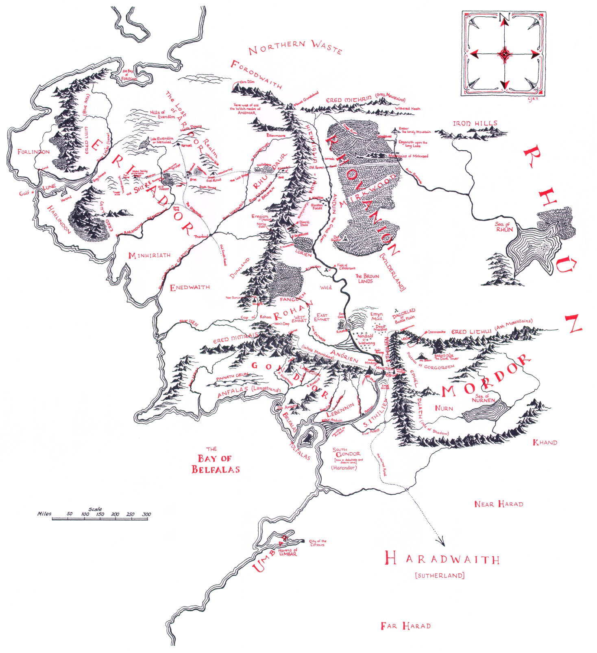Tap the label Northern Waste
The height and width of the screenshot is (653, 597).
[295, 47]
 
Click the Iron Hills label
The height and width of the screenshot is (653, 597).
[475, 123]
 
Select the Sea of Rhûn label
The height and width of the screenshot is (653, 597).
[504, 227]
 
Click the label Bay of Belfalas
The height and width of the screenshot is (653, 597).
[215, 463]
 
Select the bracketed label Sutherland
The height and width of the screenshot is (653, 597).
[440, 576]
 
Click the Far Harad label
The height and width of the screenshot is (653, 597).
[405, 626]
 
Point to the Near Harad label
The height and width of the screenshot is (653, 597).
[499, 504]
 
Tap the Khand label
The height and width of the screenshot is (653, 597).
[545, 442]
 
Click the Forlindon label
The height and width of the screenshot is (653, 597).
[33, 152]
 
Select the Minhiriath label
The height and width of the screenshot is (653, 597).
[149, 256]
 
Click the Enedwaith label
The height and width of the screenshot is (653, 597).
[190, 287]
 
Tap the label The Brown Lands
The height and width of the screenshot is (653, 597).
[367, 278]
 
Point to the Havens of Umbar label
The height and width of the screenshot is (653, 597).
[288, 552]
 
